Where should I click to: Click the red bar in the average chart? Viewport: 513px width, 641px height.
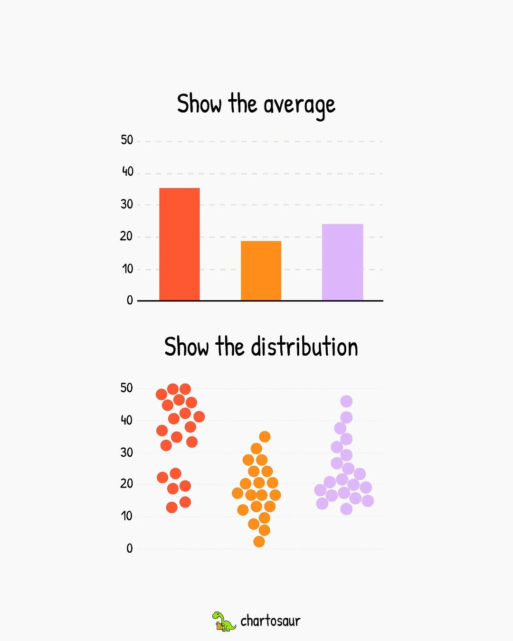pyautogui.click(x=180, y=244)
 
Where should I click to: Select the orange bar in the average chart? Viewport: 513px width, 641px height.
pyautogui.click(x=261, y=271)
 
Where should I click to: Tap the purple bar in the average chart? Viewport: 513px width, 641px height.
pyautogui.click(x=342, y=262)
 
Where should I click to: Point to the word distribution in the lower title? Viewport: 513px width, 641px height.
pyautogui.click(x=304, y=347)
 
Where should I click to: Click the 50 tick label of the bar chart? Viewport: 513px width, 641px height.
pyautogui.click(x=127, y=140)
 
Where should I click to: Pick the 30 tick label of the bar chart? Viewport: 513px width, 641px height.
pyautogui.click(x=127, y=204)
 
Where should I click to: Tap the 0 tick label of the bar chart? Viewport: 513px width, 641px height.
pyautogui.click(x=130, y=300)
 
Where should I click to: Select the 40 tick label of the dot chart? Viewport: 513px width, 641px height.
pyautogui.click(x=126, y=420)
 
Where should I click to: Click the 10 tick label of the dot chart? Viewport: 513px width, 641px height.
pyautogui.click(x=126, y=516)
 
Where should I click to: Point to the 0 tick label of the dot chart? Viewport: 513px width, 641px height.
pyautogui.click(x=130, y=549)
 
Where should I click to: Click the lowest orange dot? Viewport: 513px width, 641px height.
pyautogui.click(x=259, y=541)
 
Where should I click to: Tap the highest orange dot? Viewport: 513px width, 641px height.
pyautogui.click(x=265, y=436)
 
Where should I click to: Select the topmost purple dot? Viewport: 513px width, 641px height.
pyautogui.click(x=346, y=401)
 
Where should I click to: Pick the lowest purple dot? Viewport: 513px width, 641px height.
pyautogui.click(x=346, y=509)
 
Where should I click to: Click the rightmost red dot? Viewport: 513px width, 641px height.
pyautogui.click(x=199, y=417)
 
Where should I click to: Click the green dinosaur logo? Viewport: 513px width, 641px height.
pyautogui.click(x=223, y=621)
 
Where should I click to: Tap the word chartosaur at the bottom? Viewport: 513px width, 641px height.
pyautogui.click(x=270, y=621)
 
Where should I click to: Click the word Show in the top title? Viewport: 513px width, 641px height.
pyautogui.click(x=199, y=104)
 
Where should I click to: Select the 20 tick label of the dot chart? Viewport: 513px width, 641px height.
pyautogui.click(x=126, y=484)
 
